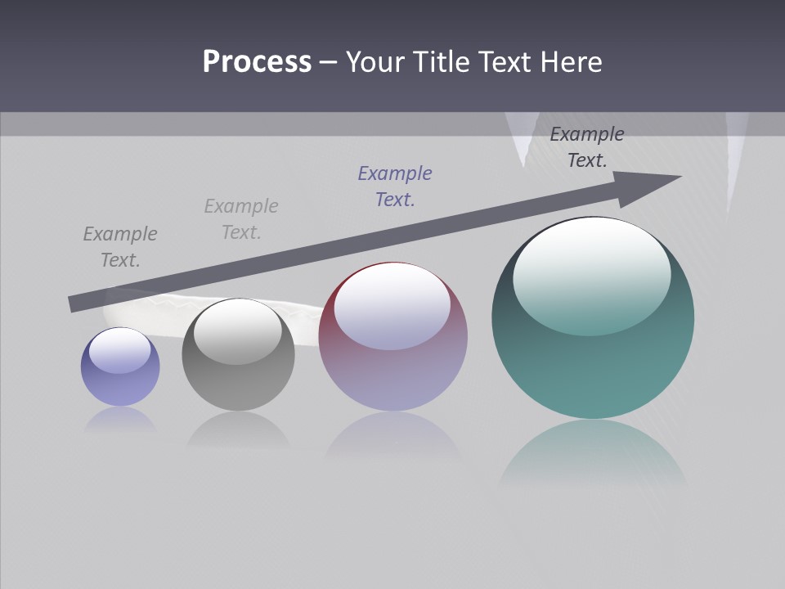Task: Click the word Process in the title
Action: [x=257, y=62]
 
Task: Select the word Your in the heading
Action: [x=377, y=62]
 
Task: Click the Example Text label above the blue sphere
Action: [x=120, y=247]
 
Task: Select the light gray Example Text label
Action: [x=241, y=219]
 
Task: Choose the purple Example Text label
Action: [x=395, y=186]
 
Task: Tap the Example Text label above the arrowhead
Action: [x=587, y=147]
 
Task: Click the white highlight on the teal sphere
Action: [x=591, y=274]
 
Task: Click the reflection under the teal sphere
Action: [x=593, y=454]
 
